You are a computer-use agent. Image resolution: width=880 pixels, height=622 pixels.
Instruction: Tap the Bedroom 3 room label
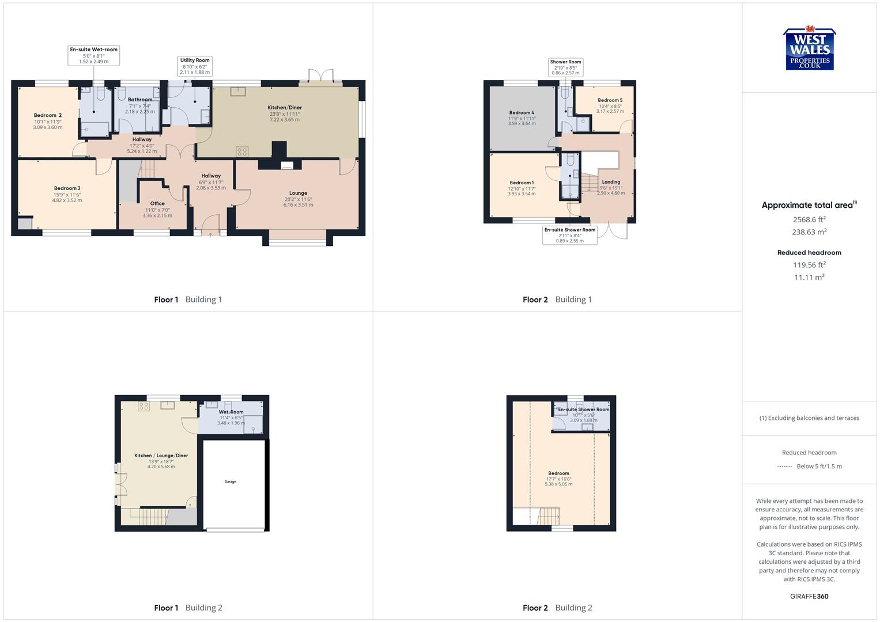67,188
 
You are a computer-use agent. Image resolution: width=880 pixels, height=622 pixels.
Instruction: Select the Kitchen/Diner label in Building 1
285,108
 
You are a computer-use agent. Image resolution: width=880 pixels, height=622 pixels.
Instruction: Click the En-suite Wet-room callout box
93,55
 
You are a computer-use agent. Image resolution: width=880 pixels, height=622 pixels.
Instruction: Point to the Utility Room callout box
195,66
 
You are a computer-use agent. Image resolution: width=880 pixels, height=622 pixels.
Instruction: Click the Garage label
230,481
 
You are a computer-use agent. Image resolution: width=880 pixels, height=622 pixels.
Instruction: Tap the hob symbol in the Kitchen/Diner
242,151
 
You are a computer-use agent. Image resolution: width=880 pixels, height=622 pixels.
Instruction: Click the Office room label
157,203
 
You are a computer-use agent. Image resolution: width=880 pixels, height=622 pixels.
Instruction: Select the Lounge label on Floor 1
298,193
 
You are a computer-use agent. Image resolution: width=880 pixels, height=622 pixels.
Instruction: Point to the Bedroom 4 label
522,113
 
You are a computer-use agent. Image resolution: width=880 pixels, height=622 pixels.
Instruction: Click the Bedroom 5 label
610,100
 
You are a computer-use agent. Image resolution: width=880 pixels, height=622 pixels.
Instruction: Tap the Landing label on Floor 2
611,182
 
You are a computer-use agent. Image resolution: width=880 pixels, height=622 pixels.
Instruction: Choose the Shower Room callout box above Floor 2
565,67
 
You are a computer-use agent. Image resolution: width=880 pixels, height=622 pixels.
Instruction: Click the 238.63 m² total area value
809,232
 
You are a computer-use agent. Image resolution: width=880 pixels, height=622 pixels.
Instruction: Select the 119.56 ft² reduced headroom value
809,265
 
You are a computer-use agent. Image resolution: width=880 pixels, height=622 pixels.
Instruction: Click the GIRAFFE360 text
809,596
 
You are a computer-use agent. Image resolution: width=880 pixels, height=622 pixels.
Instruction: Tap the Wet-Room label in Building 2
231,412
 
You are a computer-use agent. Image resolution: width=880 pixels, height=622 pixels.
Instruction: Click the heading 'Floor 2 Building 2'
557,608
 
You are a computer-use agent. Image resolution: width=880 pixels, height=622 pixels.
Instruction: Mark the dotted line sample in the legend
784,466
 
